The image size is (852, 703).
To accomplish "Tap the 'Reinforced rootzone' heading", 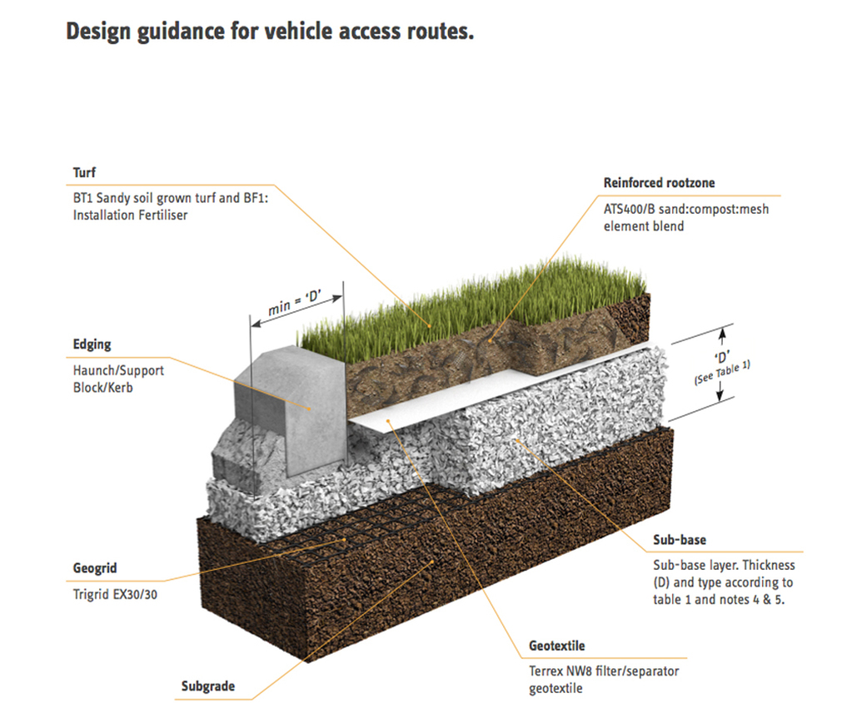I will click(x=659, y=182).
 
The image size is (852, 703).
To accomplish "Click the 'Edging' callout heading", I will click(x=92, y=344).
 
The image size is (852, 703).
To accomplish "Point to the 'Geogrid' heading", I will click(x=95, y=568).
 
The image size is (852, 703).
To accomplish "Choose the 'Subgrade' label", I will click(x=207, y=686).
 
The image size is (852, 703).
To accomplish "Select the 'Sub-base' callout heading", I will click(x=680, y=540).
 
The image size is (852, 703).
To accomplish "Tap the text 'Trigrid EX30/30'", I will click(x=115, y=594).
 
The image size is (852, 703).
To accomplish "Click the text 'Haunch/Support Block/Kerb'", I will click(x=118, y=379).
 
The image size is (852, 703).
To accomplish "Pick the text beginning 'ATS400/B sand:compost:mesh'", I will click(x=686, y=217).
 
